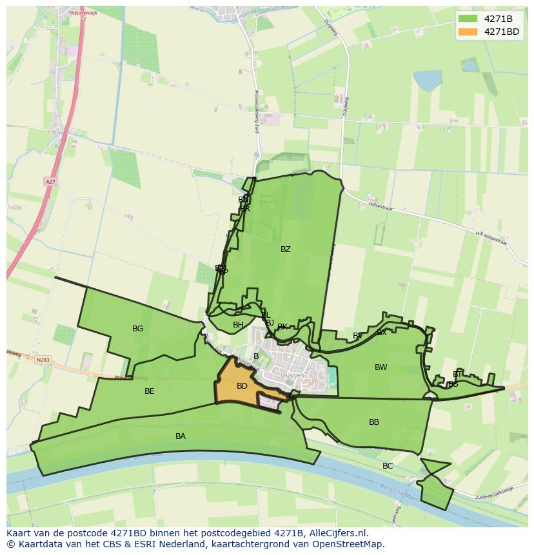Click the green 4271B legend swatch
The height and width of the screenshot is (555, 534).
[468, 19]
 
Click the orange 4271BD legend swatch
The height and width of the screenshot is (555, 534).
[468, 32]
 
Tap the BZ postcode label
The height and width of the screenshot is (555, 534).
[286, 249]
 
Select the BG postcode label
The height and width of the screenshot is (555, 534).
[137, 329]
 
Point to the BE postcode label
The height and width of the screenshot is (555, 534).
[150, 391]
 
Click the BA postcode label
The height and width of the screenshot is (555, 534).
[181, 436]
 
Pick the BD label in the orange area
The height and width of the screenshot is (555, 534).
[242, 386]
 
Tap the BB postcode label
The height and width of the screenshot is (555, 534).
[374, 422]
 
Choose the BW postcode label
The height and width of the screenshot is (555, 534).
[381, 367]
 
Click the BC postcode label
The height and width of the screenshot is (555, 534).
[388, 466]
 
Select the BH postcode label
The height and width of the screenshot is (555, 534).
[238, 325]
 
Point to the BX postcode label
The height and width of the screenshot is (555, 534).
[382, 333]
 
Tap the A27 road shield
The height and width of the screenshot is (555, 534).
[50, 182]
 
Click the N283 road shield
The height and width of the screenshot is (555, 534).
[43, 360]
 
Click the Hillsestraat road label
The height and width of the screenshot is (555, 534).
[381, 206]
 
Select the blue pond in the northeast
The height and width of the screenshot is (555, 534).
[427, 81]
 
